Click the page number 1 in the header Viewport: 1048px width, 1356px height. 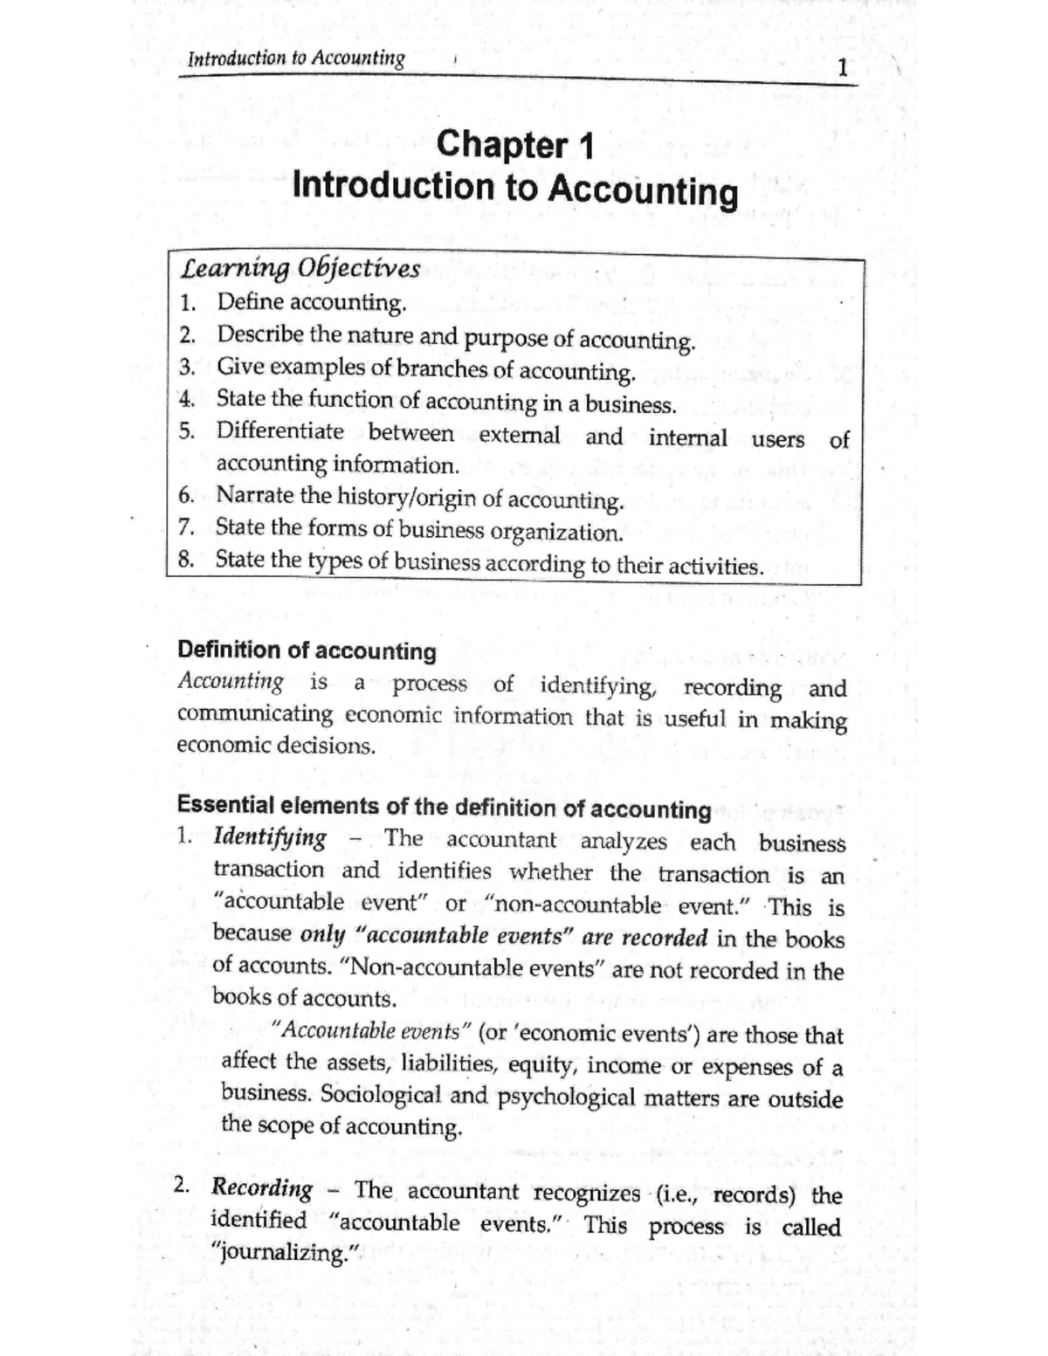(x=841, y=67)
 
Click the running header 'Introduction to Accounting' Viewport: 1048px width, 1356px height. (x=296, y=59)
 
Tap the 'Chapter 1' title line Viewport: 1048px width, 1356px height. (x=514, y=144)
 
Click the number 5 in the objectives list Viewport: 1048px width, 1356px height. (x=185, y=431)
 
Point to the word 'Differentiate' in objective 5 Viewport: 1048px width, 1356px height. (x=279, y=431)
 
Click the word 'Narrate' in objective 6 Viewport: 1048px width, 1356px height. (x=255, y=495)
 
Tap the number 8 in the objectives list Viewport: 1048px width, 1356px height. (x=185, y=560)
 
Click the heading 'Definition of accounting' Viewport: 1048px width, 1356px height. (x=307, y=650)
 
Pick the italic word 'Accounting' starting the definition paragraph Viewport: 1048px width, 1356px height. (x=231, y=681)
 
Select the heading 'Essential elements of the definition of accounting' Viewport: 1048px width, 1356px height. (x=444, y=807)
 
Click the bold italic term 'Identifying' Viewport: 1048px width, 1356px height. (x=270, y=837)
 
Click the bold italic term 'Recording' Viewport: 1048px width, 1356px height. (x=262, y=1188)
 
